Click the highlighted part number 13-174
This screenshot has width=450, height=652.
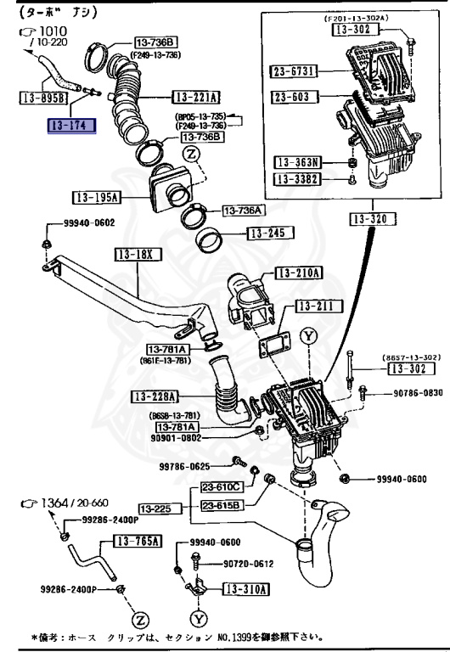(x=72, y=126)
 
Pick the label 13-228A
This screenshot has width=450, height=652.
(x=155, y=396)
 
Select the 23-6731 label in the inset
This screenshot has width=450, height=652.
(x=295, y=72)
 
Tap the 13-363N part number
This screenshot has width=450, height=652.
(x=295, y=161)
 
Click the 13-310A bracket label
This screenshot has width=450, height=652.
(x=245, y=588)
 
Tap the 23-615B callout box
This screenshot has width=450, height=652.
(x=222, y=504)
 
